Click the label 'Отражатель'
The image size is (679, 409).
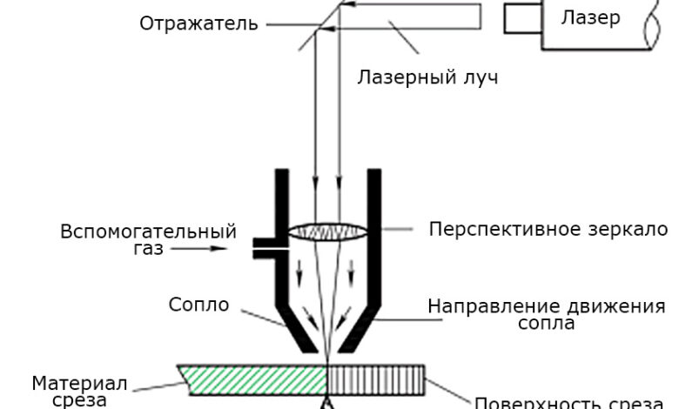198,23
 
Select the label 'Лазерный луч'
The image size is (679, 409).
427,77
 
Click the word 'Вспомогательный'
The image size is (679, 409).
148,232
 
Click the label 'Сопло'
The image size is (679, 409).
199,305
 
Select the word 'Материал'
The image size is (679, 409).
80,383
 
